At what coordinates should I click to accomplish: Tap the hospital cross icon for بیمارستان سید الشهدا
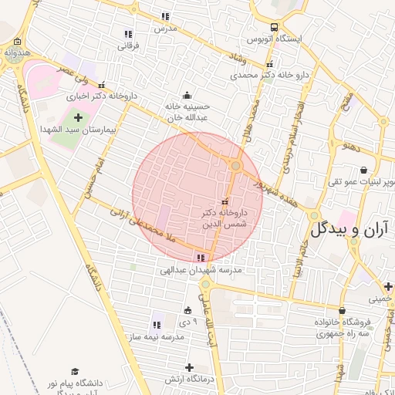tap(78, 117)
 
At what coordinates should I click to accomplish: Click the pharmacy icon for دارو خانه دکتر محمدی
tap(268, 65)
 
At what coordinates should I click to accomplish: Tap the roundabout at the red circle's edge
tap(236, 165)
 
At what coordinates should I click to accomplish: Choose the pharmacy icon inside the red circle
tap(225, 201)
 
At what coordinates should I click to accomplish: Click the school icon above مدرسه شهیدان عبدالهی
tap(201, 258)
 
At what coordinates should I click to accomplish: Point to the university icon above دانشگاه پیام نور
tap(75, 371)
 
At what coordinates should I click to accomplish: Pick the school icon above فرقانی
tap(128, 34)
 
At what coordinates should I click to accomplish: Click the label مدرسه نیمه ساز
tap(177, 338)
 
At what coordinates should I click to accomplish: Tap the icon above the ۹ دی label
tap(187, 310)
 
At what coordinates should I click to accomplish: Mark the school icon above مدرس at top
tap(165, 16)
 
